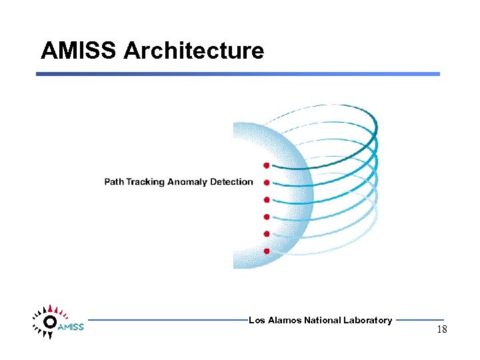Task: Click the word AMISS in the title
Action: coord(79,51)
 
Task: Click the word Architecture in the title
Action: coord(194,51)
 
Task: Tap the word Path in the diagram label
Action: coord(114,182)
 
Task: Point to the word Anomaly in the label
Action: coord(187,182)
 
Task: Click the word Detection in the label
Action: coord(231,182)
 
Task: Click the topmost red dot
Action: coord(266,165)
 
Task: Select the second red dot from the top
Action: coord(266,183)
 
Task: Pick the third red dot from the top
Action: coord(266,200)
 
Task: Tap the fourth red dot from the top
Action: coord(266,217)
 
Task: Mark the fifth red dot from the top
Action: coord(266,234)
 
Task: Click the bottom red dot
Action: coord(266,251)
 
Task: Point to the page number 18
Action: coord(441,330)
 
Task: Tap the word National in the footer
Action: coord(323,321)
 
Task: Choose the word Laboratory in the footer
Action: coord(367,321)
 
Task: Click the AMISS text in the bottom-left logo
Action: coord(70,327)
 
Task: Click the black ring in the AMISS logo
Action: coord(49,322)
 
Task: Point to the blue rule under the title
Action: coord(238,74)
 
